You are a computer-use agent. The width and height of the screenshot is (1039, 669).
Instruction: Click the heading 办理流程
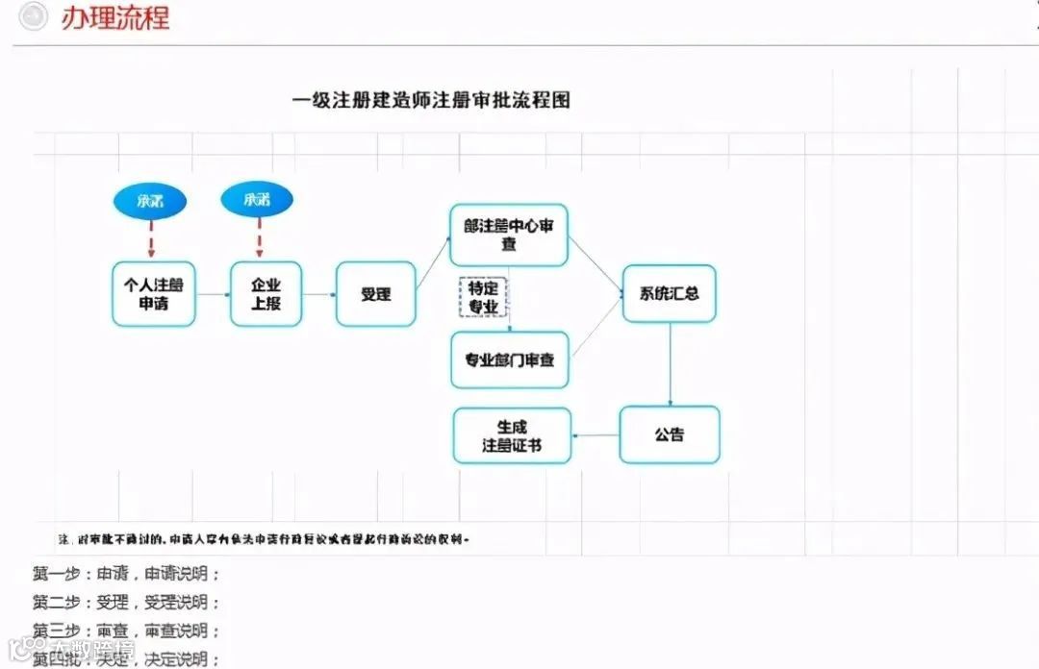pos(114,17)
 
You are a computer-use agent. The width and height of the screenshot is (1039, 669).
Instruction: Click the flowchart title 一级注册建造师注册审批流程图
pos(431,100)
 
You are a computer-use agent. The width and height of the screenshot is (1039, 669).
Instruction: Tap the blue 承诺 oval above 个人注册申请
pos(150,201)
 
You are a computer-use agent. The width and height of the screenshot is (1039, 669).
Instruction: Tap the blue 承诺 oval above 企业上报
pos(257,200)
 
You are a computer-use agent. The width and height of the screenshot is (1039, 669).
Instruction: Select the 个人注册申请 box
pos(153,294)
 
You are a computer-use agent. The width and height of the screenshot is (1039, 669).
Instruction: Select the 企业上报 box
pos(266,294)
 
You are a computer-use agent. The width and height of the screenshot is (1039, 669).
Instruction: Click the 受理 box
pos(375,294)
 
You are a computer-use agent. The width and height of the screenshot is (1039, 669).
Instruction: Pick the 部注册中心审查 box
pos(509,235)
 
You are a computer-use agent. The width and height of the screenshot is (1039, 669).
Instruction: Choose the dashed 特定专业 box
pos(483,297)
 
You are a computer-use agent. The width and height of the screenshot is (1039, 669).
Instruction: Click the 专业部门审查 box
pos(509,359)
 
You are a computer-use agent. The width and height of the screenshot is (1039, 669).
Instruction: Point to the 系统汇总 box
pos(670,294)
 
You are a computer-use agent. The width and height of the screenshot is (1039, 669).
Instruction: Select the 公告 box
pos(670,434)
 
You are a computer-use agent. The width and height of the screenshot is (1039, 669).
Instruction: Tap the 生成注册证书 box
pos(512,435)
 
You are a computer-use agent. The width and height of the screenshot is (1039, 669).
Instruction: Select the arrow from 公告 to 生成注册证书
pos(596,435)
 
